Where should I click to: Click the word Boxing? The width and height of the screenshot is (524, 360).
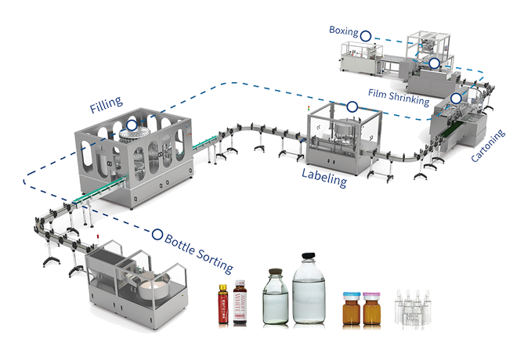point(344,33)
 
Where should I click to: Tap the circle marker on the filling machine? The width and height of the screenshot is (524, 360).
point(132,124)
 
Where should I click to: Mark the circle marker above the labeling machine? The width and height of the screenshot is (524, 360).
point(352,106)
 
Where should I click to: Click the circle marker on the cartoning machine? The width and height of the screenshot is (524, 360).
point(456,99)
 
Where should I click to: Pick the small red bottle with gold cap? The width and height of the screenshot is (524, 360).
point(222,304)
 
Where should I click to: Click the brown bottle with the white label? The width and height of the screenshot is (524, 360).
point(240,301)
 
